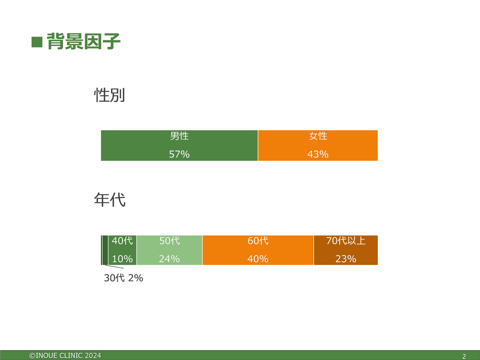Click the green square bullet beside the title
(36, 42)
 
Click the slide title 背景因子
(83, 41)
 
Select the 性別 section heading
(109, 95)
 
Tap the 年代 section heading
(109, 200)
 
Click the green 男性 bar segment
(179, 145)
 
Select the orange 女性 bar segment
(318, 145)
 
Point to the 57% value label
(179, 154)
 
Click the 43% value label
(318, 154)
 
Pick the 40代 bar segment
(122, 250)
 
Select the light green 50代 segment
(169, 250)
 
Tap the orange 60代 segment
(258, 250)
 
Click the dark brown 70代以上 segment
(346, 250)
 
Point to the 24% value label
(169, 259)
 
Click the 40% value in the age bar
(258, 259)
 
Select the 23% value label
(346, 259)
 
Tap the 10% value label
(122, 259)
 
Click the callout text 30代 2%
(123, 278)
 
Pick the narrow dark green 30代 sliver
(105, 250)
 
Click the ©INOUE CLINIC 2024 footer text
(65, 355)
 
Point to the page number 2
(464, 356)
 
